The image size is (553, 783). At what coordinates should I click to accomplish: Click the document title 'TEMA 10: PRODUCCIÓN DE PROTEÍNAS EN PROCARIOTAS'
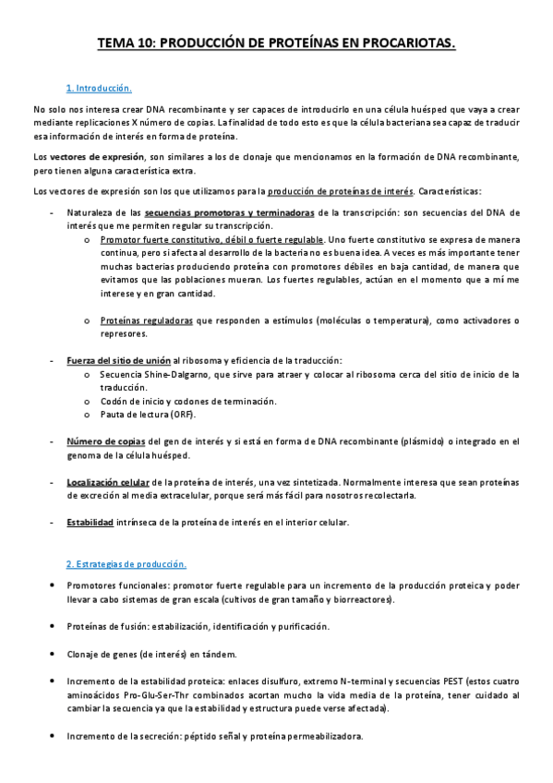[x=276, y=42]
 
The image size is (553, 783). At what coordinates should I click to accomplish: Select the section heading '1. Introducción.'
[x=99, y=89]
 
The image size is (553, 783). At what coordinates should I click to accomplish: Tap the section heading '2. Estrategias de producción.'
[x=126, y=564]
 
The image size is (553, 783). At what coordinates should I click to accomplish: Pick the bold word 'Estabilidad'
[x=90, y=523]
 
